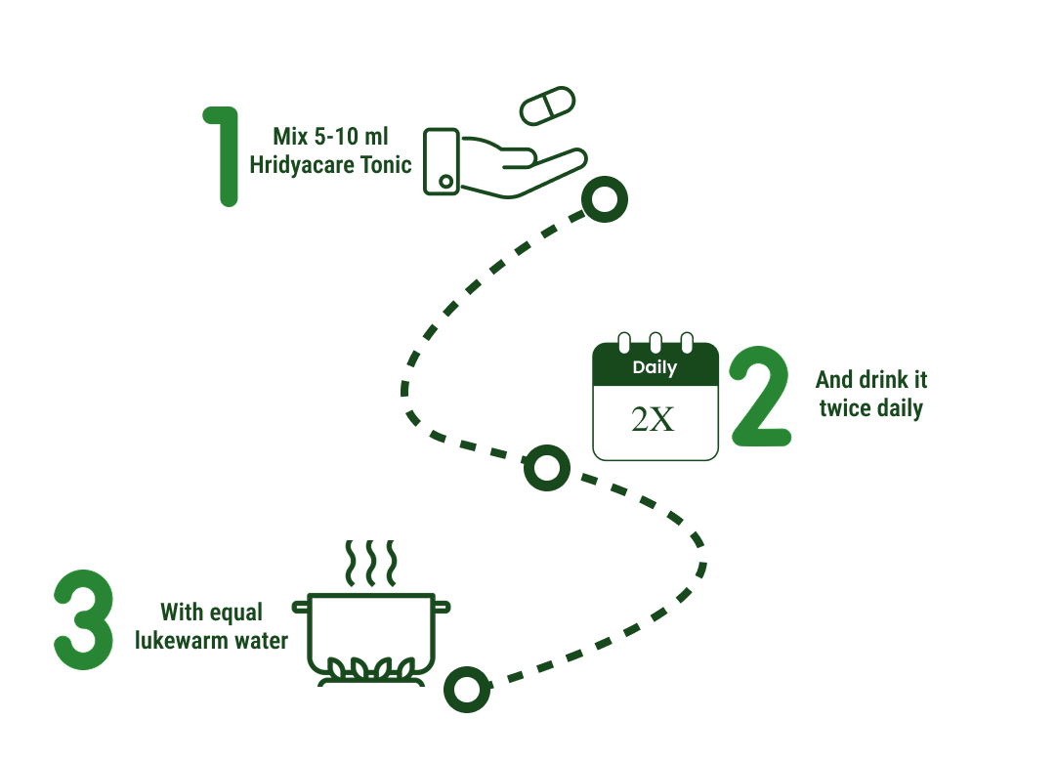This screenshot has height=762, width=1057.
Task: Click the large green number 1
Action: (x=224, y=156)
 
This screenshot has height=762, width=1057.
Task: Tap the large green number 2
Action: (x=760, y=396)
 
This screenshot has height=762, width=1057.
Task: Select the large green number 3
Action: (x=83, y=621)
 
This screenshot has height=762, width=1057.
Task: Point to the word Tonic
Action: (x=385, y=164)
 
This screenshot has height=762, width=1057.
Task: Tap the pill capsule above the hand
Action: (x=548, y=106)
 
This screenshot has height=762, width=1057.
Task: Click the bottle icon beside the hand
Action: (x=442, y=160)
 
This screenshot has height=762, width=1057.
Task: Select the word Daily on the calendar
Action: (x=655, y=368)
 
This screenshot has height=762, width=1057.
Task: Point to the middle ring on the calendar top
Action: (x=655, y=343)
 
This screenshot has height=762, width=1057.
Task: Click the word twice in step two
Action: (x=845, y=407)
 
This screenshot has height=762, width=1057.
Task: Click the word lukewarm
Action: (x=183, y=641)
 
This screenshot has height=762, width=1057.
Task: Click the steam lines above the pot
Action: (x=371, y=561)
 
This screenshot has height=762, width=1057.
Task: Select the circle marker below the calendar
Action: (x=547, y=468)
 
